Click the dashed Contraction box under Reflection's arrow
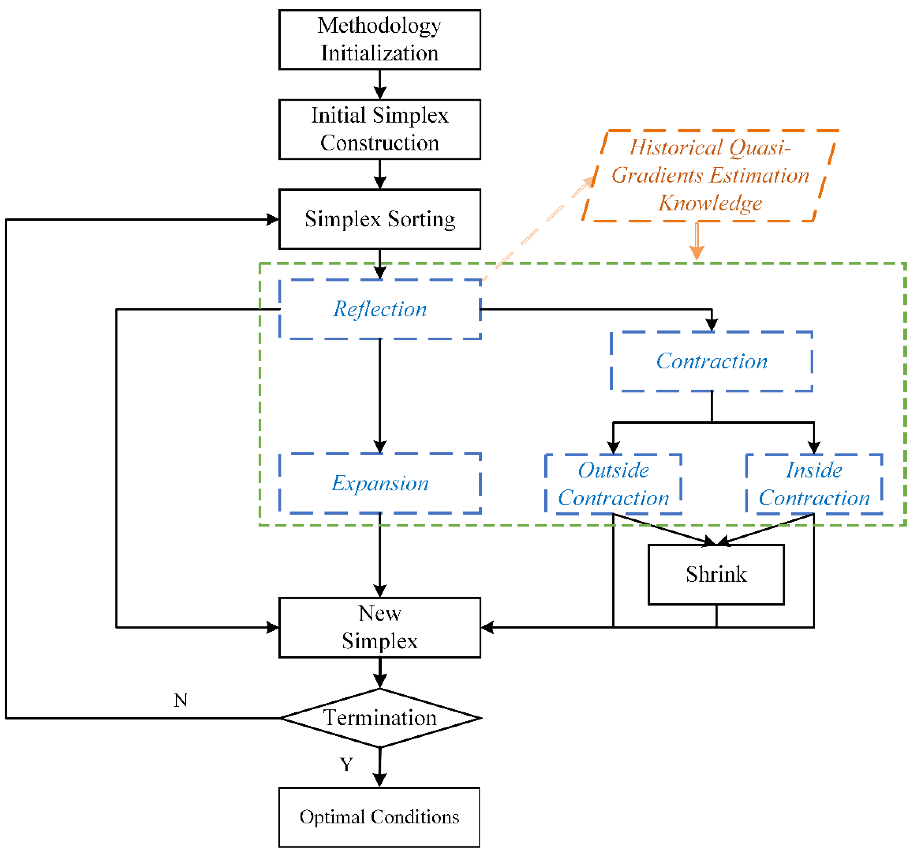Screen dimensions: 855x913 (711, 361)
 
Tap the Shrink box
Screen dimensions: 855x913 (716, 574)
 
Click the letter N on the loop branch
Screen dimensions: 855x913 (180, 701)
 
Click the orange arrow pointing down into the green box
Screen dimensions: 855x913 (697, 244)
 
